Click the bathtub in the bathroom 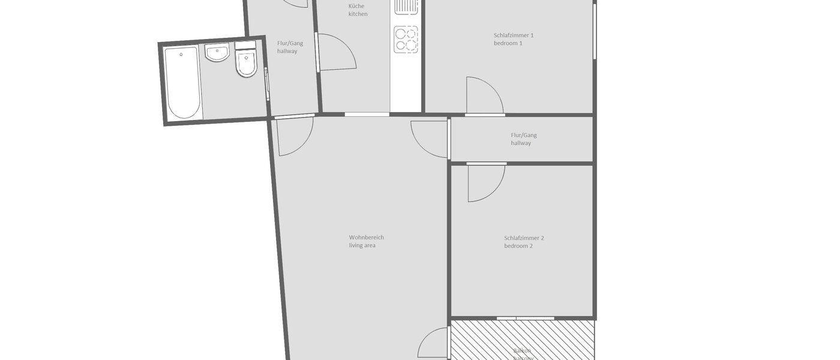click(x=183, y=83)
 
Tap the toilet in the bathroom click(x=246, y=62)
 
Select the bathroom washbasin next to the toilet click(x=217, y=53)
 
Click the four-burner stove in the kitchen click(x=406, y=39)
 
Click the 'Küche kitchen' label click(x=358, y=10)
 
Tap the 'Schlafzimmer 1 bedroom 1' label click(x=513, y=39)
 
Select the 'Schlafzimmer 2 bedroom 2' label click(x=524, y=242)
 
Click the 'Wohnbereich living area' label click(x=366, y=241)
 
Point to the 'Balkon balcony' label click(x=522, y=353)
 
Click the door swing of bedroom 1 click(x=483, y=96)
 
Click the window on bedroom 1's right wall click(x=595, y=31)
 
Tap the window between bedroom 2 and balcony click(x=526, y=317)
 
